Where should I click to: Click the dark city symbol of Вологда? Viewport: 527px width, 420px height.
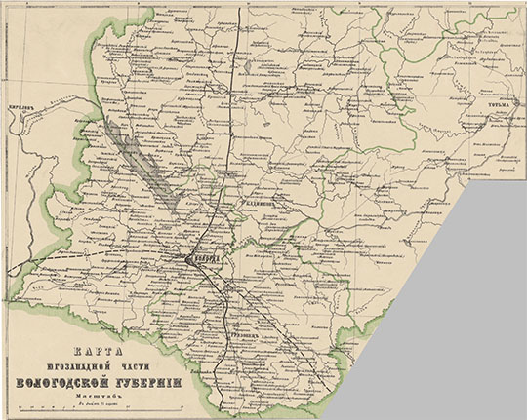(186, 258)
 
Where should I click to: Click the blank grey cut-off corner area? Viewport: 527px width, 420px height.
(459, 322)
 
